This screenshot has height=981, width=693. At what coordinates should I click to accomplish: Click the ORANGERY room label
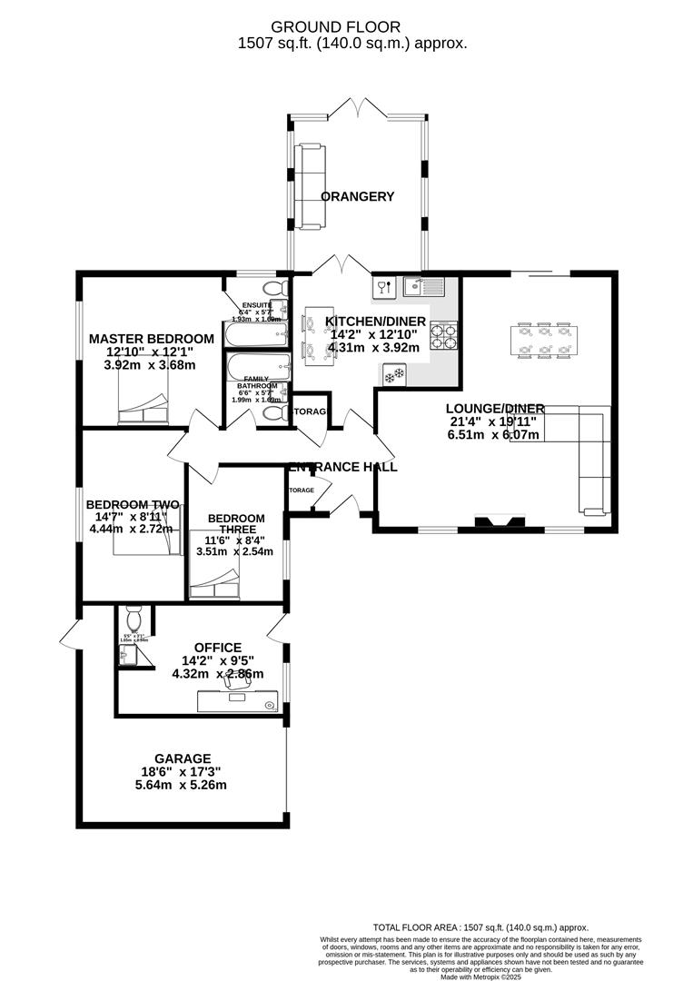pos(358,196)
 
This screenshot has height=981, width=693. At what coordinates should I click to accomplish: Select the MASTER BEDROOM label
pos(152,339)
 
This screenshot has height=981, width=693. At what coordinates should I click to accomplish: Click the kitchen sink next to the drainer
pos(413,287)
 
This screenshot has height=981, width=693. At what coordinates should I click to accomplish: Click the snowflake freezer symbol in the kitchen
pos(394,373)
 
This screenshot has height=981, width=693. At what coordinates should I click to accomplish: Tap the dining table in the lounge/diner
pos(543,339)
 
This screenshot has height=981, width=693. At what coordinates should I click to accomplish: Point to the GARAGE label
pos(182,758)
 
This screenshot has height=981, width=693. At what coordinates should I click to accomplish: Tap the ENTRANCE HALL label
pos(343,467)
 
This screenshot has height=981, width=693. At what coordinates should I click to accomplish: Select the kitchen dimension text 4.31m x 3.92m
pos(374,347)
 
